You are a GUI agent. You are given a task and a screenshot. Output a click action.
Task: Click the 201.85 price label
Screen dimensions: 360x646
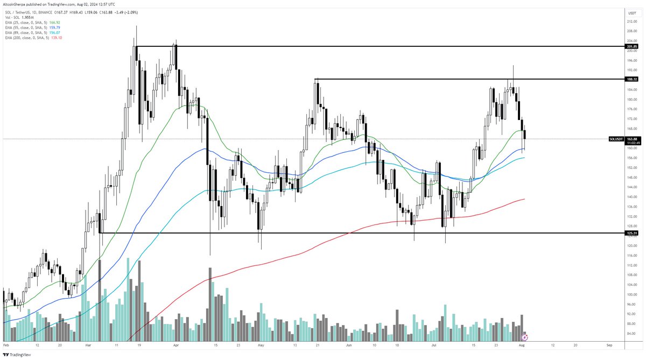point(632,47)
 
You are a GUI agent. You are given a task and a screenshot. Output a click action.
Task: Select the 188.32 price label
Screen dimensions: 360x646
point(632,79)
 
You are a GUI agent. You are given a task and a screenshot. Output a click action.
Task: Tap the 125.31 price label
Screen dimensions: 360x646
point(632,233)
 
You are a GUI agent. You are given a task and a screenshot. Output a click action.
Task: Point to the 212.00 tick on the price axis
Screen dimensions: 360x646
point(632,22)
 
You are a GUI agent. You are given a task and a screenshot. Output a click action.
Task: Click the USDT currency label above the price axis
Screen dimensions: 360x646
point(631,12)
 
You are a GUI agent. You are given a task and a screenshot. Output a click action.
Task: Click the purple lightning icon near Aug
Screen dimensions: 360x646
point(524,337)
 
